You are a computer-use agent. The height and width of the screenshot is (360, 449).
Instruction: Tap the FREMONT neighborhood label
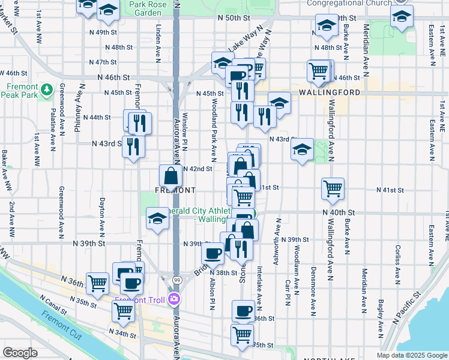pyautogui.click(x=175, y=190)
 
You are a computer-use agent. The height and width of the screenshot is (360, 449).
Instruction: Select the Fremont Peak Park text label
pyautogui.click(x=23, y=91)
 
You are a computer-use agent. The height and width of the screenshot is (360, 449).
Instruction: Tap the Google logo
pyautogui.click(x=20, y=353)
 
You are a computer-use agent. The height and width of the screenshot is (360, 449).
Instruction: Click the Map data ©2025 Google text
pyautogui.click(x=411, y=355)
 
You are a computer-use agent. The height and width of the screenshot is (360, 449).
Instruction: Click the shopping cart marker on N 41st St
pyautogui.click(x=333, y=189)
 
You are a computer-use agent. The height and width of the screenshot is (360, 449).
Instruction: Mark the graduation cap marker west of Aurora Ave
pyautogui.click(x=157, y=219)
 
